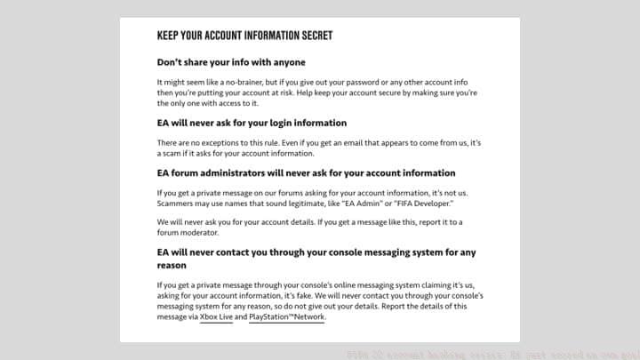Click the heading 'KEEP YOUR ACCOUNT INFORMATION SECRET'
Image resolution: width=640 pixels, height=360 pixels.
pos(244,36)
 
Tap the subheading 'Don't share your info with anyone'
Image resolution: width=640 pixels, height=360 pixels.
pos(231,62)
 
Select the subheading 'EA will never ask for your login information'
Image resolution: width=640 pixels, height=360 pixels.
pos(252,123)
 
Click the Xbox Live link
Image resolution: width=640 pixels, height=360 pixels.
pos(216,316)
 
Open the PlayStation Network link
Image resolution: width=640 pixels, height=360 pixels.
pos(287,316)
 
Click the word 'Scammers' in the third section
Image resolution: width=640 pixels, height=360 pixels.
pos(175,202)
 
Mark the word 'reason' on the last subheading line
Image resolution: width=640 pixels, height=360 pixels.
pos(172,265)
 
